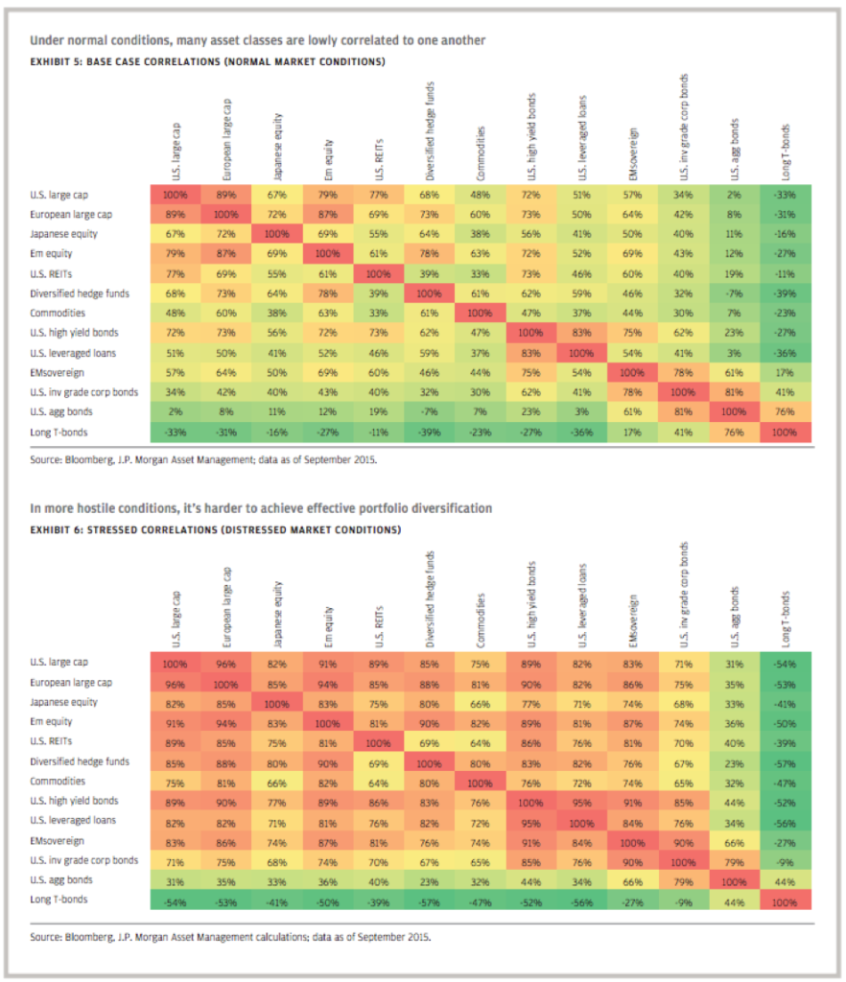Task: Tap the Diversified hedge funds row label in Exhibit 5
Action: [80, 292]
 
